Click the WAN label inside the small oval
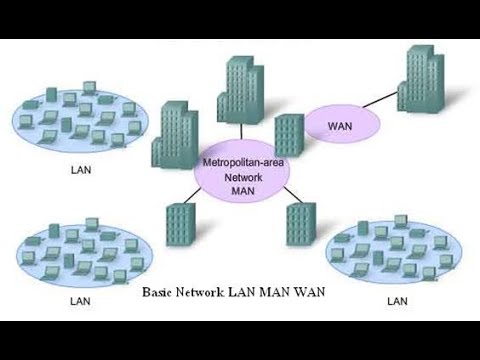[341, 126]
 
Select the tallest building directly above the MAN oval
[242, 90]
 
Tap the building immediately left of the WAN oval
[288, 135]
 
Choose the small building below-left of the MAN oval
[179, 226]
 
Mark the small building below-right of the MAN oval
[300, 224]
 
